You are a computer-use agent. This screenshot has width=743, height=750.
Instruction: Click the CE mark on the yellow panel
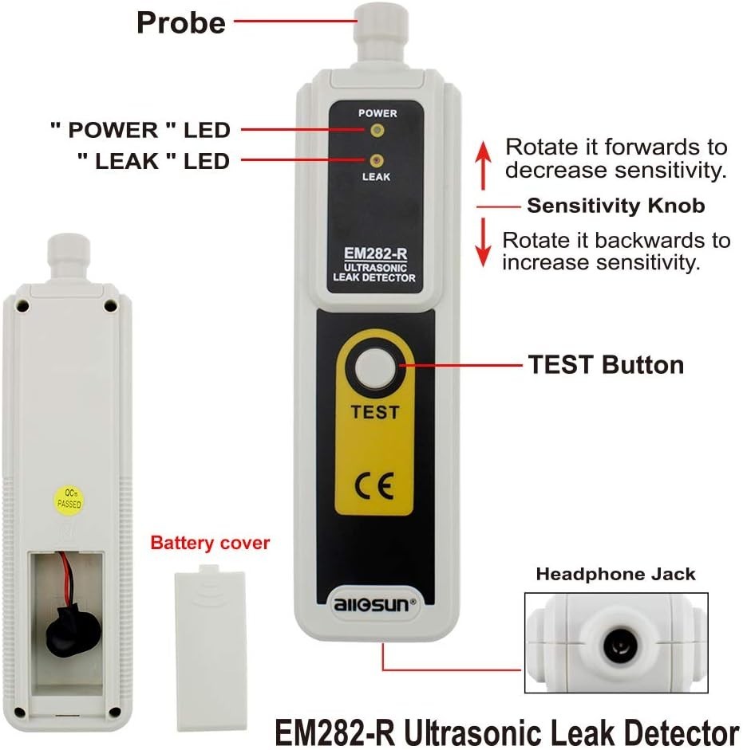point(375,485)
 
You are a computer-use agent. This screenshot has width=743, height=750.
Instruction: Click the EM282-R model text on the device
point(374,254)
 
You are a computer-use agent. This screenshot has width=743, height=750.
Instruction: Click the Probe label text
point(181,22)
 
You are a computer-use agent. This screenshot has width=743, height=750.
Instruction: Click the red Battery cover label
point(210,544)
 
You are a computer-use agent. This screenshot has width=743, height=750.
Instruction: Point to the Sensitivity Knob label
point(615,206)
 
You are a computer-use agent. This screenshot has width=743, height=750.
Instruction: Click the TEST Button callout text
point(606,365)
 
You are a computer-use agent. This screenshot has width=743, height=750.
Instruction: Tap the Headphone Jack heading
point(615,574)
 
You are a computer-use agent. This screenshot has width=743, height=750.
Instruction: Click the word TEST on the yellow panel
point(374,413)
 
